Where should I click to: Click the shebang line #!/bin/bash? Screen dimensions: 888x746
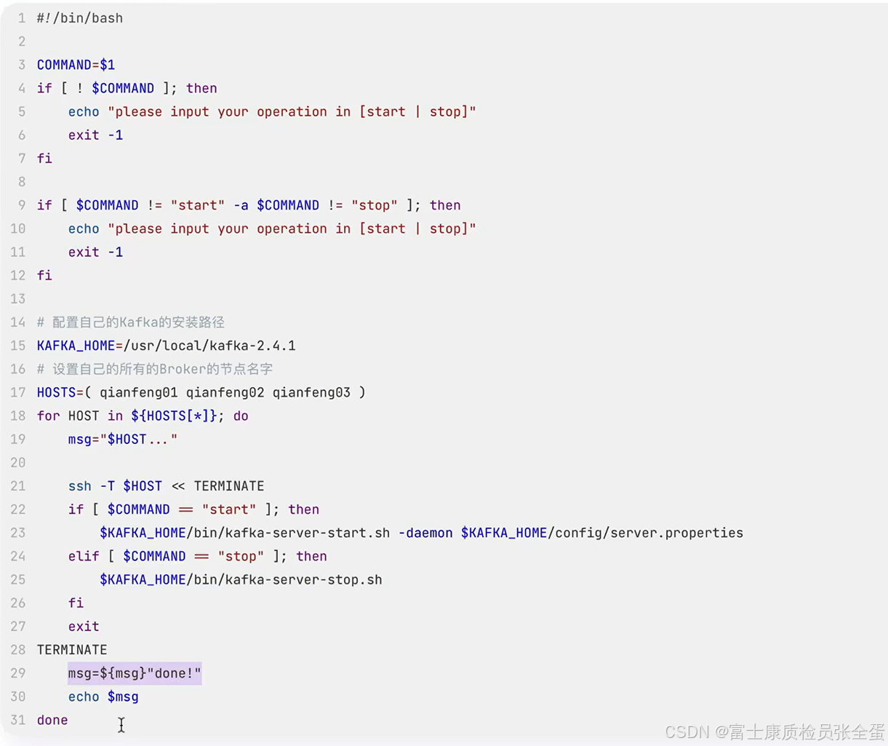click(x=80, y=18)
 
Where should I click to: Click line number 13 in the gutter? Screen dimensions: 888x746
click(x=18, y=299)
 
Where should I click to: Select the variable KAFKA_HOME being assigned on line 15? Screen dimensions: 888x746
click(x=76, y=346)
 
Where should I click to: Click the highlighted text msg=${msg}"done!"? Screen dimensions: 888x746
click(x=135, y=673)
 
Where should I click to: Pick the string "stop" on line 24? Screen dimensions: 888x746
click(x=241, y=556)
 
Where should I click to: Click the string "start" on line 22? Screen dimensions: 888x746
click(x=229, y=509)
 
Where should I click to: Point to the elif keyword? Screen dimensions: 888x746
click(x=84, y=556)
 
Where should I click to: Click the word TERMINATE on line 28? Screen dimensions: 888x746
click(x=72, y=650)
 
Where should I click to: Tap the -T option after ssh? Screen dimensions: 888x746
click(x=107, y=486)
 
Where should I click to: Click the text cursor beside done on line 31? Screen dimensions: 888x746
click(x=121, y=725)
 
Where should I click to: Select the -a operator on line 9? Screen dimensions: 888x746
click(x=241, y=205)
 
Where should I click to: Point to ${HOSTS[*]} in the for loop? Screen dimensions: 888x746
click(x=174, y=416)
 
